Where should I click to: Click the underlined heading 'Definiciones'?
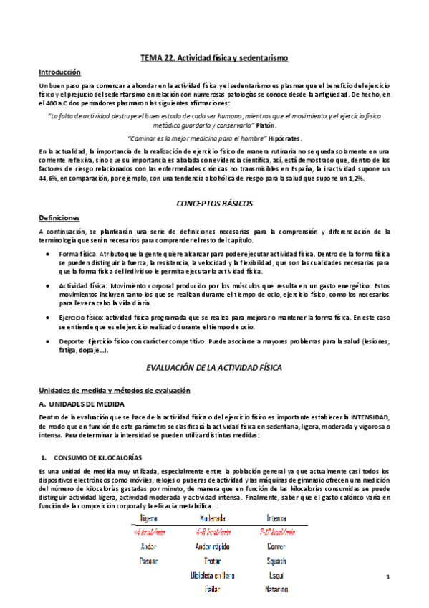click(x=59, y=217)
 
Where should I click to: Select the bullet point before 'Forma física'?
click(x=48, y=254)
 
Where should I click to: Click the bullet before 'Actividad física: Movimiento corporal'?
click(x=48, y=285)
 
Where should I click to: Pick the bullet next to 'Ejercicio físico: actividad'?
click(x=48, y=316)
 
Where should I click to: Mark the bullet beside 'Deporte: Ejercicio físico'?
click(x=48, y=341)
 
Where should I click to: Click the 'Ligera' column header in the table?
click(x=149, y=518)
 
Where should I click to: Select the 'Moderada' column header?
click(x=212, y=518)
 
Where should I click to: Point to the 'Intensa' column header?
click(x=276, y=518)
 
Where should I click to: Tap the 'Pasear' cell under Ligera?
click(x=149, y=561)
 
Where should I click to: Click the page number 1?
click(x=387, y=577)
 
